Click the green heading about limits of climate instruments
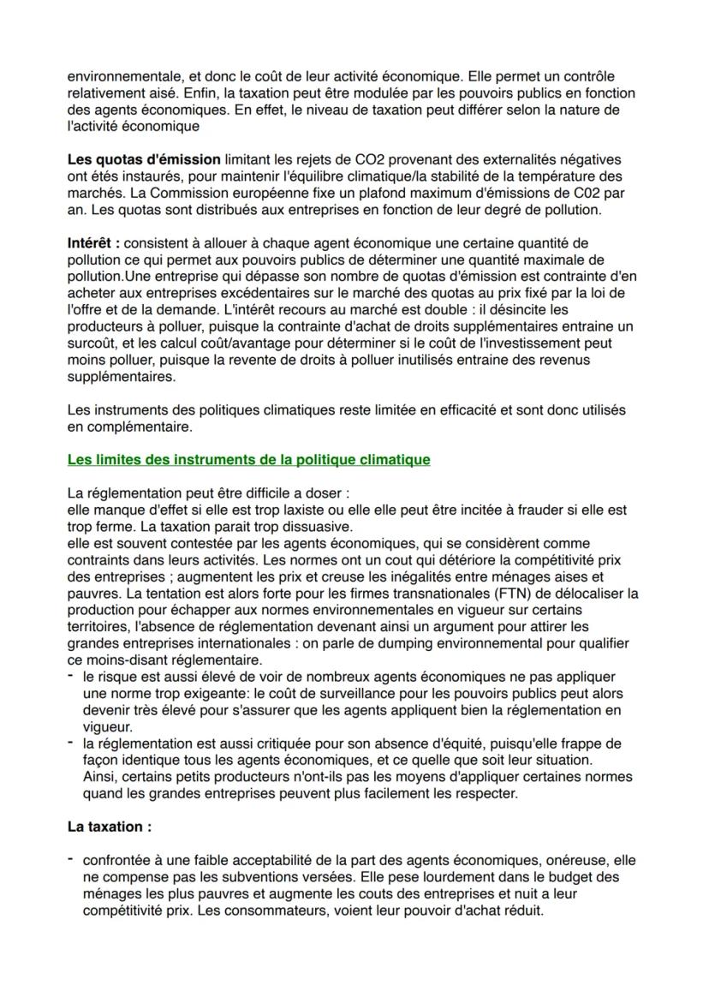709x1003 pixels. (248, 460)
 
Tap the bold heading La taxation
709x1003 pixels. (109, 828)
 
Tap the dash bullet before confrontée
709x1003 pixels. (71, 860)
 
